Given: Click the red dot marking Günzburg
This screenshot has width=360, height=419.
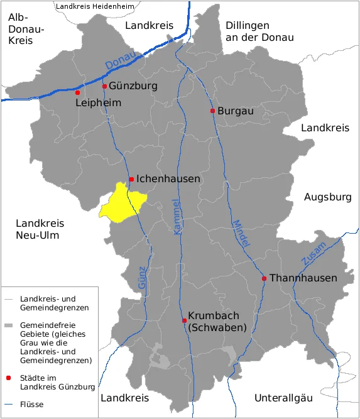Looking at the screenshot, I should tap(104, 87).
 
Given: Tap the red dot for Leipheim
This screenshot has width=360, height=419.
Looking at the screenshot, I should tap(78, 92).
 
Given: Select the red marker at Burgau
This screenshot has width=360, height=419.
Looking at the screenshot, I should tap(212, 111).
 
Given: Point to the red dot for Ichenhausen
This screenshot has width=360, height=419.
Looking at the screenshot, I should tap(131, 180).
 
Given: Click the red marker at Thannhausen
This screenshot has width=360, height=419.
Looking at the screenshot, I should tap(265, 278).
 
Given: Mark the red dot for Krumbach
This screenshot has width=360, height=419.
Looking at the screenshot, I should tap(183, 320).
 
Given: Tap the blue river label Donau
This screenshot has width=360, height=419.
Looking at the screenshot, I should tap(120, 62).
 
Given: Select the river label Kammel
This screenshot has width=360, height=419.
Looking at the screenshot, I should tap(177, 217).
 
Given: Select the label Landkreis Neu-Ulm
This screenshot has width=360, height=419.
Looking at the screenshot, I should tap(40, 229).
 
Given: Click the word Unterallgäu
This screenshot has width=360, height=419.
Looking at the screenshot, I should tap(283, 398).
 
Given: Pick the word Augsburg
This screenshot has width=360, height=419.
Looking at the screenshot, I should tap(327, 197).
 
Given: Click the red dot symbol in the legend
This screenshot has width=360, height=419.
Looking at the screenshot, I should tap(8, 378).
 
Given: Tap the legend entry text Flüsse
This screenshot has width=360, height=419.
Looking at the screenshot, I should tap(31, 404).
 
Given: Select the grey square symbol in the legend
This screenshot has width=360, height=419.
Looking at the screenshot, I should tap(8, 326).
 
